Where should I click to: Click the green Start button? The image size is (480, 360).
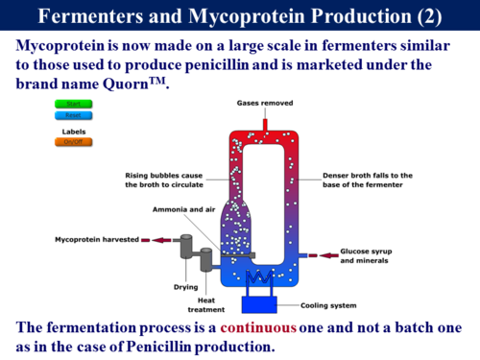(72, 104)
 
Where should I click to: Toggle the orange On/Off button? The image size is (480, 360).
(72, 142)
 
